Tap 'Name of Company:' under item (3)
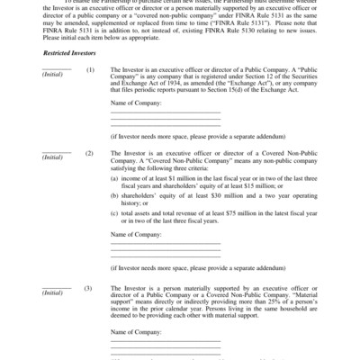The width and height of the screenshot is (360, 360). coord(137,330)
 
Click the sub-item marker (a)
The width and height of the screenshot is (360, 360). coord(113,181)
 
